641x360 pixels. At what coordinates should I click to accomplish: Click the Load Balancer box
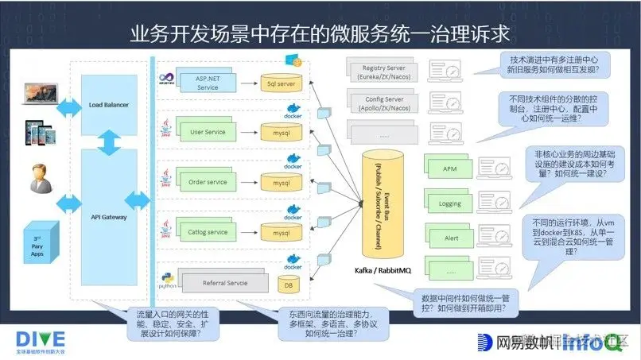click(x=109, y=104)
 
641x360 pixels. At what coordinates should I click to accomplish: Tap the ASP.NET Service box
click(x=207, y=83)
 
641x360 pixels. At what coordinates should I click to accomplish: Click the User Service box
click(x=207, y=132)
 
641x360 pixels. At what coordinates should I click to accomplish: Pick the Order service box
click(x=207, y=182)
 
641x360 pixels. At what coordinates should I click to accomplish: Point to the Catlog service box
click(x=207, y=233)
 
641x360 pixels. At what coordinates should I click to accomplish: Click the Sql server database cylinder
click(x=281, y=83)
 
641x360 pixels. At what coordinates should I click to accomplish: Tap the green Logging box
click(x=449, y=203)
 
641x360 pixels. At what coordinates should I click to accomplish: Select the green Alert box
click(x=449, y=238)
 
